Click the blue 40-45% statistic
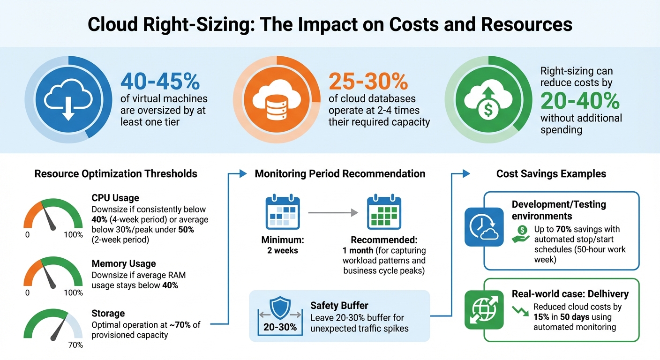pyautogui.click(x=160, y=81)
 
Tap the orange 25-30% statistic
pyautogui.click(x=368, y=81)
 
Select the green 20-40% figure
pyautogui.click(x=580, y=101)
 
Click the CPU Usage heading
pyautogui.click(x=115, y=198)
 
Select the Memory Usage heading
pyautogui.click(x=123, y=263)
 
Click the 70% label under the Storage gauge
pyautogui.click(x=75, y=345)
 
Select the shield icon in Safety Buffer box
pyautogui.click(x=280, y=307)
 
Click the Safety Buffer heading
pyautogui.click(x=339, y=306)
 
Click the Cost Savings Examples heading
pyautogui.click(x=551, y=174)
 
